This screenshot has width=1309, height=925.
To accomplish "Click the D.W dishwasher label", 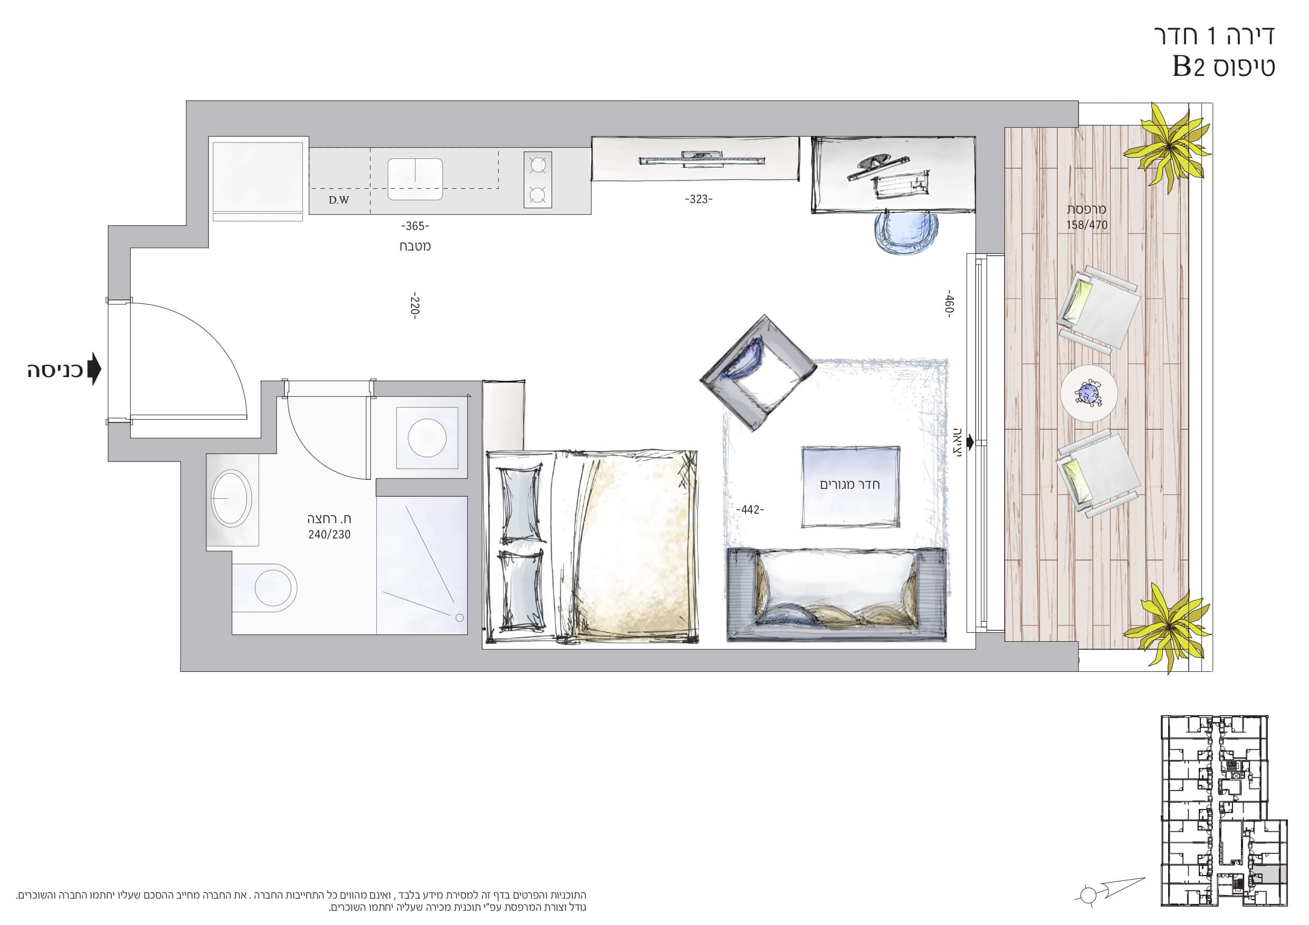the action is [339, 200].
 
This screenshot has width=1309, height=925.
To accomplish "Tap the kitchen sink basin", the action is [415, 179].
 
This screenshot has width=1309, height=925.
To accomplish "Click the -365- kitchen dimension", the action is [415, 226].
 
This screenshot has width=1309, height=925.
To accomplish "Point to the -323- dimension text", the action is [699, 199].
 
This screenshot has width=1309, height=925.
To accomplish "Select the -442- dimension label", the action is [750, 509].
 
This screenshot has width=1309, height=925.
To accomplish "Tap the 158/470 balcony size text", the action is [1087, 225].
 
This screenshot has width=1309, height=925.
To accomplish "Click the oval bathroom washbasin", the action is [231, 497].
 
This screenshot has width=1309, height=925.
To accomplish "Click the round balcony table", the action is [1088, 394].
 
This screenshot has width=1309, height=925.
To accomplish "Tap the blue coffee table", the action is [850, 486].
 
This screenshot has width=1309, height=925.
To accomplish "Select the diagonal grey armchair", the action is [758, 373].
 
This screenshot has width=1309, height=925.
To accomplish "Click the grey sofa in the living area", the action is [836, 594].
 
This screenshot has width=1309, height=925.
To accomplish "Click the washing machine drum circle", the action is [427, 438].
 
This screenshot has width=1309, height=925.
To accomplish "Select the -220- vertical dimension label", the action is [415, 306].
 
